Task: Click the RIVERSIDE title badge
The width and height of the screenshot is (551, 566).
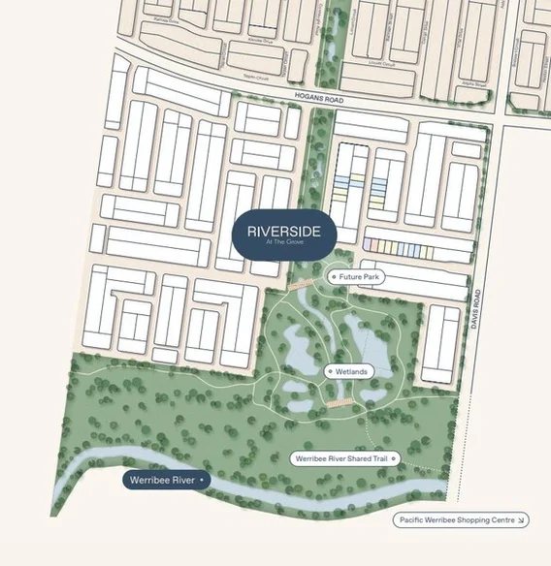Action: pos(283,235)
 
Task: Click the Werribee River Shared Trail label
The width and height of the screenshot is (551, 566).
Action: pos(345,457)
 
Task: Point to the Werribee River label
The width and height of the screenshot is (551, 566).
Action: pos(166,480)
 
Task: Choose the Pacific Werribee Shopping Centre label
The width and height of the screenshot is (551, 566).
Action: pos(461,520)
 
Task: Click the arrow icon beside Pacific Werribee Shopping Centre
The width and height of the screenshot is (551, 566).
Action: pos(521,520)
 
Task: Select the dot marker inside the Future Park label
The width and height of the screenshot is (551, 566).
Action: pos(334,277)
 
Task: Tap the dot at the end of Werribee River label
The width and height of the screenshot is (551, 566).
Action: pos(201,480)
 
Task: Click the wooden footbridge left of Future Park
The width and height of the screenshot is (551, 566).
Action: pos(299,285)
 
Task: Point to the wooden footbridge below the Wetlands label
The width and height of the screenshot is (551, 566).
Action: pos(339,401)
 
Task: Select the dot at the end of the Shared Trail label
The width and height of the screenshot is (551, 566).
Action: pos(393,457)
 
